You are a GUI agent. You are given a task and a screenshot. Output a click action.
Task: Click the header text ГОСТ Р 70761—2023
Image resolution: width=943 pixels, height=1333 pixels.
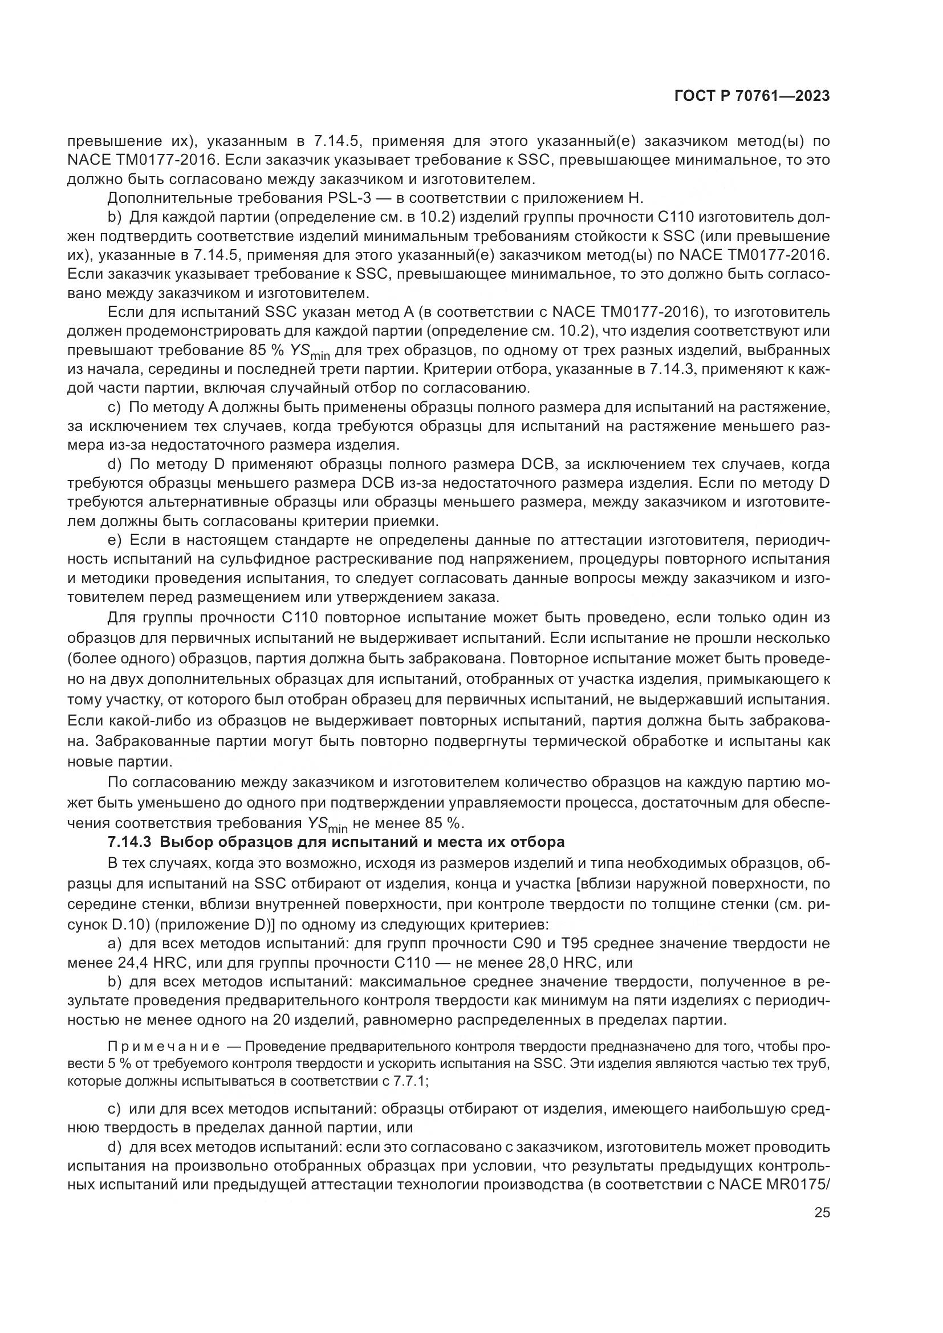click(x=752, y=96)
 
